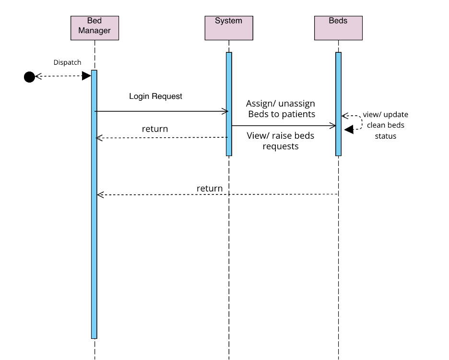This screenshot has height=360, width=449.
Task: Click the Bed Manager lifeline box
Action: (x=95, y=28)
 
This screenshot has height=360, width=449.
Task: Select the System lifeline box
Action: (x=229, y=28)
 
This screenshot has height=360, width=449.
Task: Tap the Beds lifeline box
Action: (x=338, y=28)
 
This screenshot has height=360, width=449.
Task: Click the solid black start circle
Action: (x=30, y=76)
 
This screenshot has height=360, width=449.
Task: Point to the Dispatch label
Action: (x=67, y=62)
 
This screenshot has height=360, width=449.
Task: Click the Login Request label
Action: (x=155, y=96)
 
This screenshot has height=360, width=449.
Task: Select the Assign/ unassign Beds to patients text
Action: (x=281, y=108)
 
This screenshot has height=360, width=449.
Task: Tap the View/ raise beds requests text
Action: (x=281, y=141)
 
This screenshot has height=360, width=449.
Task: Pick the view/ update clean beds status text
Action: (x=386, y=125)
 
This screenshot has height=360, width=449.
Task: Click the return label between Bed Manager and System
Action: (x=155, y=129)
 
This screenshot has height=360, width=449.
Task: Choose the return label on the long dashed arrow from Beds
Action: (x=210, y=188)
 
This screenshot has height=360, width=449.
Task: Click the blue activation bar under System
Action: (x=229, y=104)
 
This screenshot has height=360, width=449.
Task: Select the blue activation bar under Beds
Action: (x=338, y=104)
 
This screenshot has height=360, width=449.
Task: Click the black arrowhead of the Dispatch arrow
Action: (x=87, y=76)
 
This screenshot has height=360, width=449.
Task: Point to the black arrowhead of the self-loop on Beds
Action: (x=349, y=129)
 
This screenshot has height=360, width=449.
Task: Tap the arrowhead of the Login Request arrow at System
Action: (x=224, y=111)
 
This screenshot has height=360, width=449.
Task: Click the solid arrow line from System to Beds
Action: (x=283, y=126)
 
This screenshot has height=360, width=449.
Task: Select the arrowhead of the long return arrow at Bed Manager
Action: (x=100, y=194)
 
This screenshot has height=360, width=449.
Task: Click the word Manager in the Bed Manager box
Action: (x=95, y=31)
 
